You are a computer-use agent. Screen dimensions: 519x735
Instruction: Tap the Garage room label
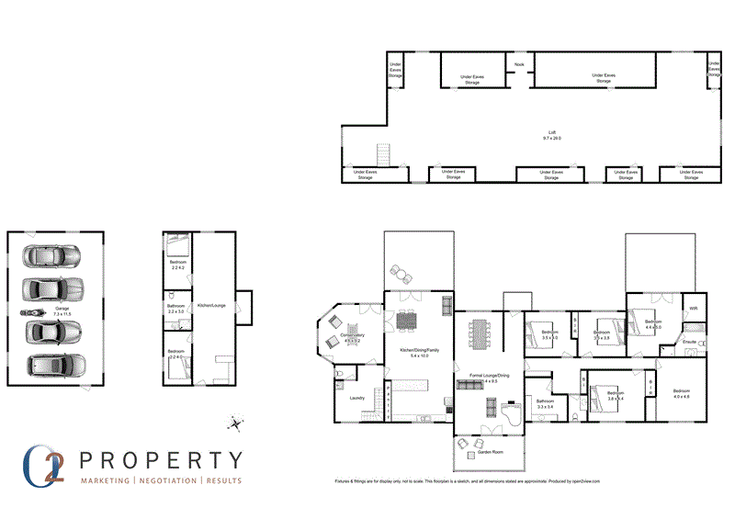[62, 309]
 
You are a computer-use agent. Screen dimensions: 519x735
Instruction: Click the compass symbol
[237, 424]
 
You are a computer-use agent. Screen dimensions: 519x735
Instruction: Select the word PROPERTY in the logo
[162, 459]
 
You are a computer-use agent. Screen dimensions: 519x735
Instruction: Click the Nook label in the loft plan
[519, 64]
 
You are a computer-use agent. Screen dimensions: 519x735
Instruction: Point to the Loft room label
[552, 133]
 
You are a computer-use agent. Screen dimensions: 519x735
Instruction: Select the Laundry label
[358, 398]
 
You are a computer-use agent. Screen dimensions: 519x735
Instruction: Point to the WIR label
[694, 308]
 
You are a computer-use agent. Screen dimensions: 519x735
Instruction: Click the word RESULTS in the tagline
[224, 481]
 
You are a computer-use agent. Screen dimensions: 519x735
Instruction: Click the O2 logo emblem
[47, 465]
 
